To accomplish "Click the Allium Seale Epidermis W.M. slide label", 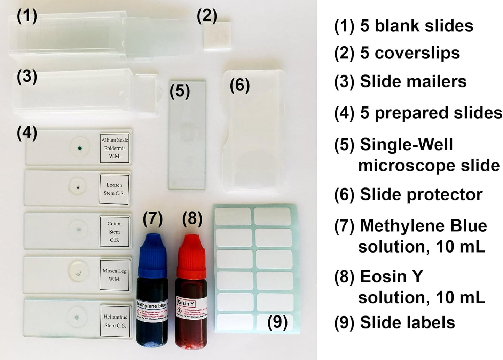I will click(115, 148).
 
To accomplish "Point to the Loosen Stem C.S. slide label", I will click(114, 189).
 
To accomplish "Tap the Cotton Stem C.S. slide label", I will click(115, 232).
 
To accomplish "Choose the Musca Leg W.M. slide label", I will click(115, 275).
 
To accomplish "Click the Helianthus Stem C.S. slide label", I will click(115, 321).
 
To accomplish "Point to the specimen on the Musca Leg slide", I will click(79, 273).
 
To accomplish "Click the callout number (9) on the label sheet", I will click(277, 322).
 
